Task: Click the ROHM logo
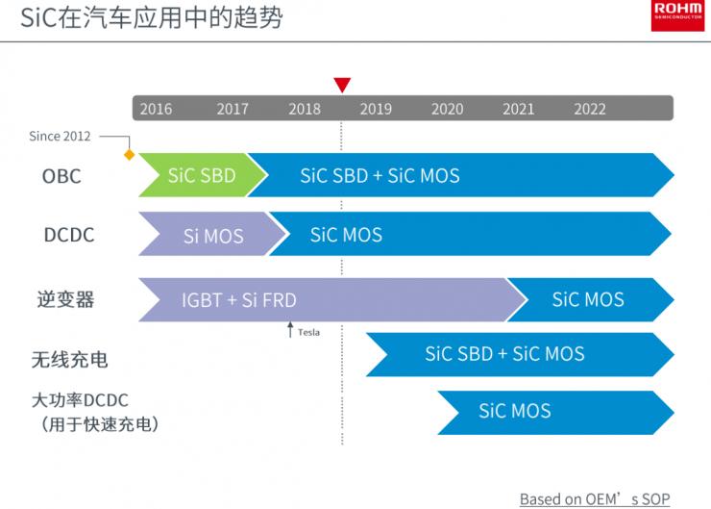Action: tap(677, 15)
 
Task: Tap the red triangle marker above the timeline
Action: tap(342, 85)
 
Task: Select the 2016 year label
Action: tap(156, 109)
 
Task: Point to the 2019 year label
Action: tap(376, 109)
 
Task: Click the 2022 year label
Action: tap(590, 109)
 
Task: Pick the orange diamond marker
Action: tap(129, 154)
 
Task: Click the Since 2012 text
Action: tap(60, 136)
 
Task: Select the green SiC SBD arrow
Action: tap(201, 175)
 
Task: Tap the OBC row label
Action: tap(61, 176)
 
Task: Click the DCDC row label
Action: tap(68, 235)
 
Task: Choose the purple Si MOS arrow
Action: tap(212, 236)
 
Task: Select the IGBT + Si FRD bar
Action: tap(240, 299)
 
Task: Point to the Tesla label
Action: tap(308, 332)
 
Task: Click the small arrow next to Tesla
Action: tap(290, 330)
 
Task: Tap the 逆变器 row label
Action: tap(65, 299)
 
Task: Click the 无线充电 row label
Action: tap(69, 360)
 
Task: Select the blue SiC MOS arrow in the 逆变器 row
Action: tap(588, 299)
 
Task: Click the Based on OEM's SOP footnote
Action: tap(595, 498)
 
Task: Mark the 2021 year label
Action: tap(518, 109)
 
